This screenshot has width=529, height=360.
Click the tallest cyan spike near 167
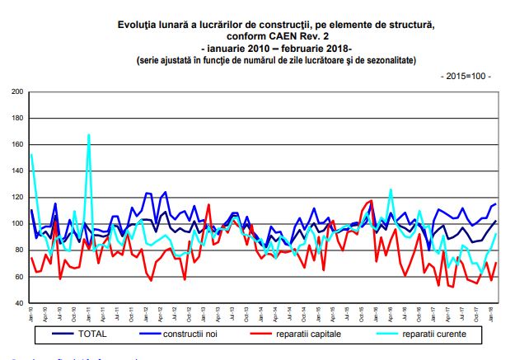(x=88, y=135)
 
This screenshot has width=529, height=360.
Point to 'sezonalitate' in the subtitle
(x=386, y=61)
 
